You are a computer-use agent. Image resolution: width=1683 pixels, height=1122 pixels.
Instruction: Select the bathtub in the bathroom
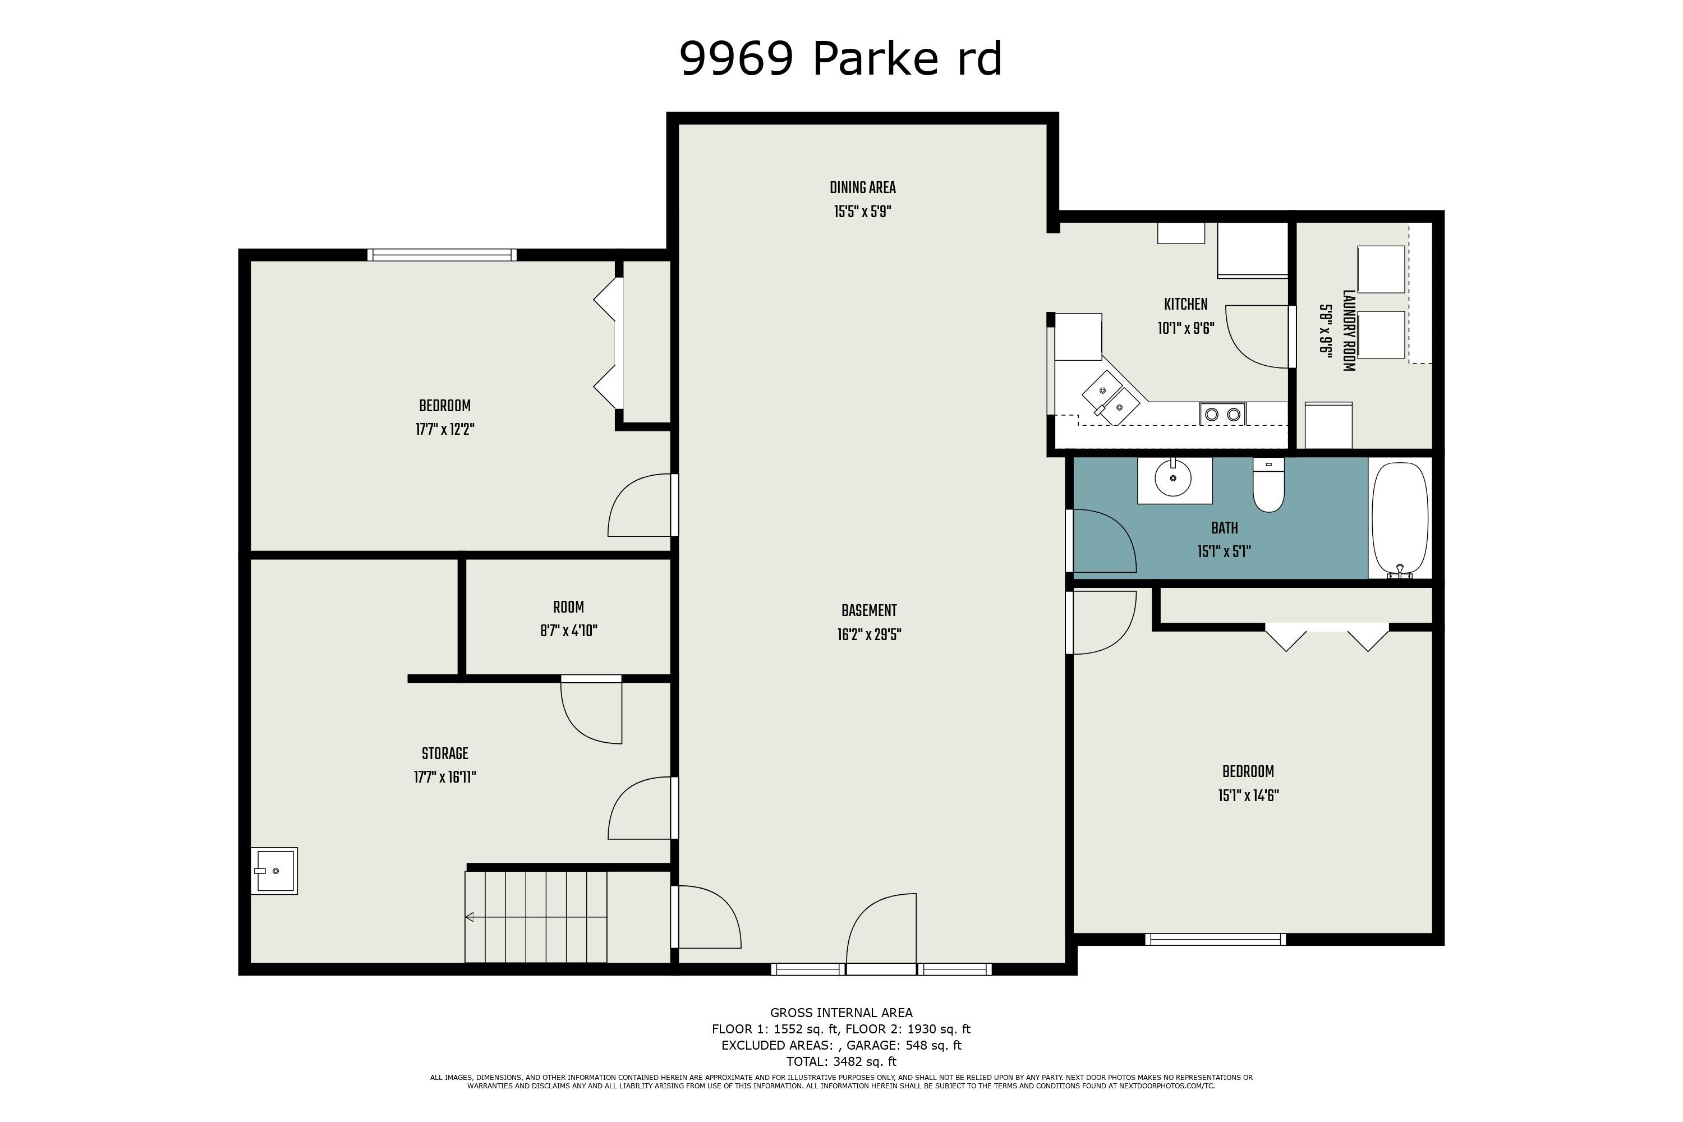[x=1400, y=519]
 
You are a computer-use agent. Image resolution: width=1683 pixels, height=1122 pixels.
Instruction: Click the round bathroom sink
[x=1173, y=479]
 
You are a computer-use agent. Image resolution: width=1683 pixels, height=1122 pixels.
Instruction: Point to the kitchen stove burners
[x=1222, y=413]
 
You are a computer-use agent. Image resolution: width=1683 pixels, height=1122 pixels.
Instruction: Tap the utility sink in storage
[x=274, y=870]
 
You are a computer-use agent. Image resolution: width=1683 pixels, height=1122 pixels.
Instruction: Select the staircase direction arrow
[x=470, y=917]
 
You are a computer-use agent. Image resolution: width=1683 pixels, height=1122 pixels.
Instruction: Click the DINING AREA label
[x=862, y=188]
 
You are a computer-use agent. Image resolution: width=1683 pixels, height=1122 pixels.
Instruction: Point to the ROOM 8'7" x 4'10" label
[x=568, y=619]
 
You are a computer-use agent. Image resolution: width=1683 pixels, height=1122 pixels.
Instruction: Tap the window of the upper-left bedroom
[x=442, y=255]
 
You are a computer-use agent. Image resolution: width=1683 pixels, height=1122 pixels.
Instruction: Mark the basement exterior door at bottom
[x=881, y=930]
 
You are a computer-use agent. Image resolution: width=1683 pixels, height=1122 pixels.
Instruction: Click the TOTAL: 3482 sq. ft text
[x=841, y=1061]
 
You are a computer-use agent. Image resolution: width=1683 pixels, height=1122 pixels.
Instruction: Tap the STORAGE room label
[x=444, y=753]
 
